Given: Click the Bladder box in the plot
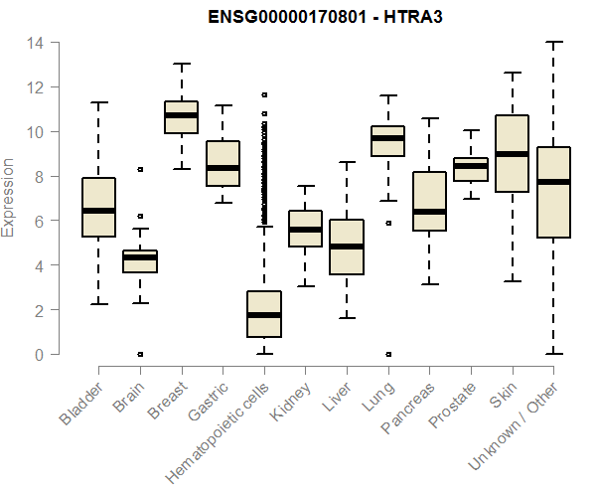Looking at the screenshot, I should [x=98, y=208].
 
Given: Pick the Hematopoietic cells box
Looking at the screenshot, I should [x=263, y=314].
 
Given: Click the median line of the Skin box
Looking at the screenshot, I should [x=512, y=154].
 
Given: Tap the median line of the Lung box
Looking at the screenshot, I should [x=387, y=138].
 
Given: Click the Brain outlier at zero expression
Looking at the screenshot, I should [x=140, y=354].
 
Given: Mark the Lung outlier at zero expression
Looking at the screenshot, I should [x=387, y=354].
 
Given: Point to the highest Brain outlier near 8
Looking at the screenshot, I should [x=140, y=170].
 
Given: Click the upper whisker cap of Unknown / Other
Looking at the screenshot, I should [x=553, y=43].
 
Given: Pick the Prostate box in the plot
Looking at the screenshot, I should [x=470, y=169].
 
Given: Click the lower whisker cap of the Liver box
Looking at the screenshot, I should [x=346, y=318].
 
